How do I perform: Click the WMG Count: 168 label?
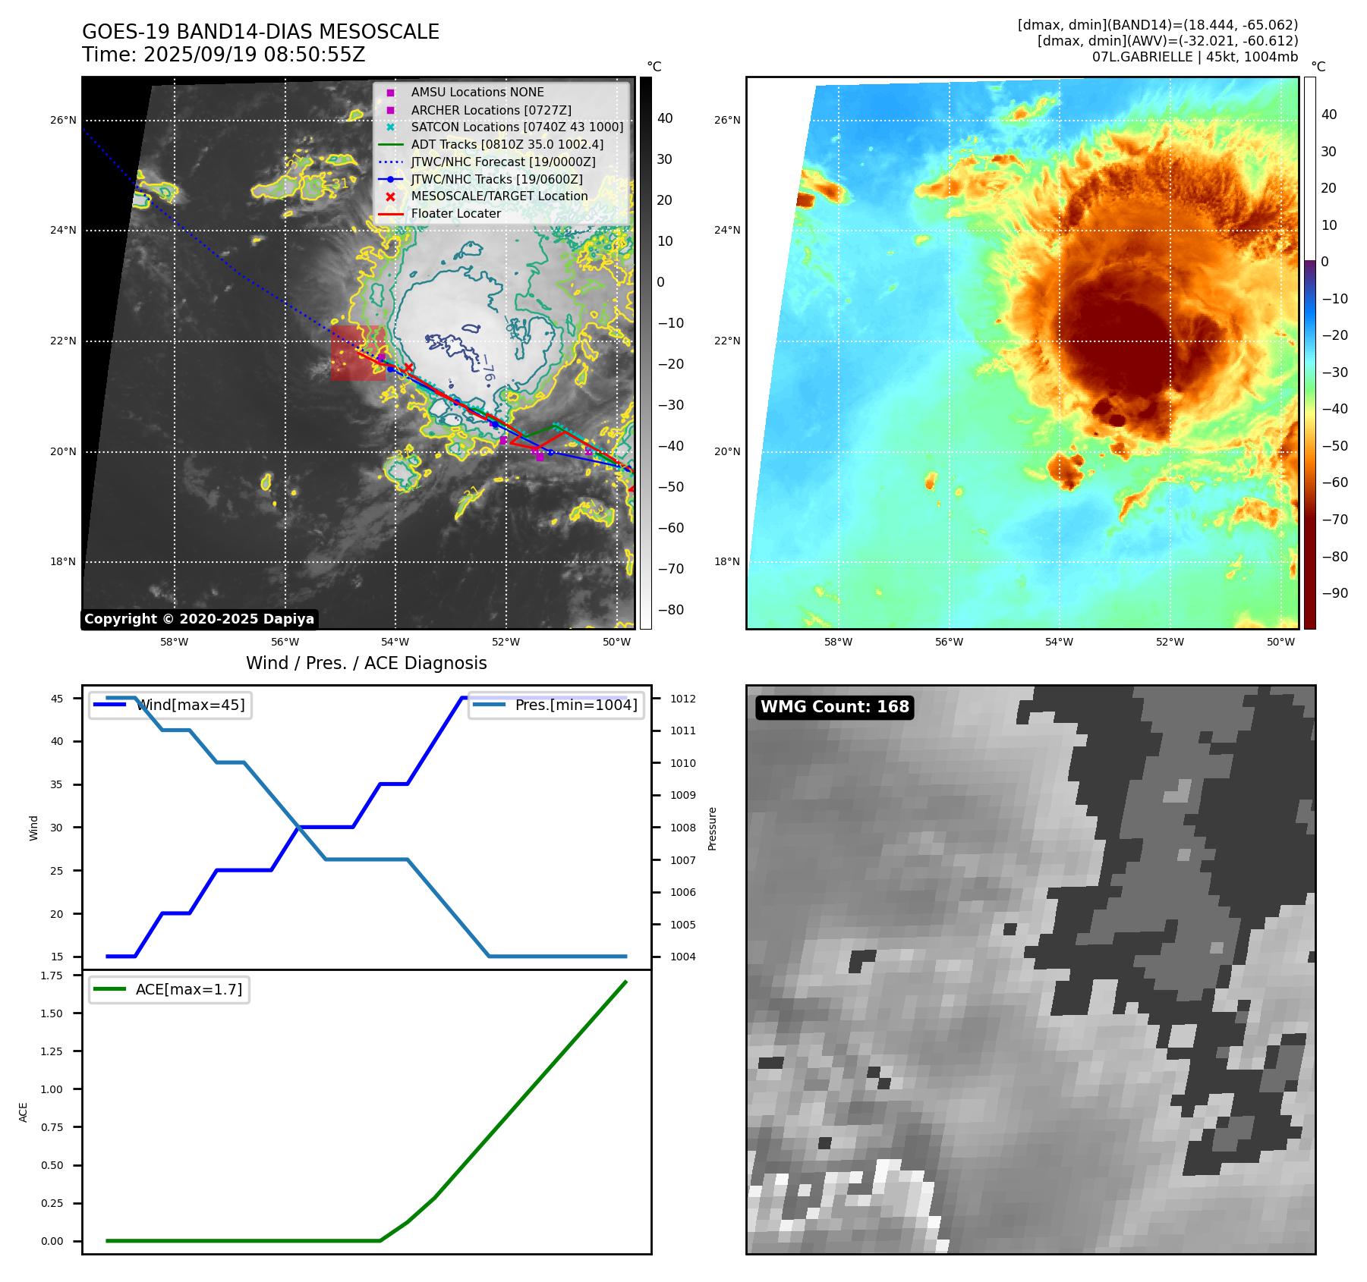tap(834, 707)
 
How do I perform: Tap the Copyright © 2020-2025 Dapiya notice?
tap(199, 619)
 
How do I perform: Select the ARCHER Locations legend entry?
tap(490, 110)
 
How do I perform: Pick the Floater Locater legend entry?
tap(455, 214)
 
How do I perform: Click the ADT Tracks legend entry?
tap(507, 144)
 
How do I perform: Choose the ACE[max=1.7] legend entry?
tap(188, 989)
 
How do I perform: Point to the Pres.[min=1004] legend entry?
tap(575, 705)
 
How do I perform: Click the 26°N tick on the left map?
tap(63, 120)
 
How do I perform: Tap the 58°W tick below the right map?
tap(838, 642)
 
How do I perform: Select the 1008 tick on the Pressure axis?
tap(682, 828)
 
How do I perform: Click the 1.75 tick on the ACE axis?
tap(52, 976)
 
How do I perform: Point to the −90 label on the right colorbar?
tap(1334, 593)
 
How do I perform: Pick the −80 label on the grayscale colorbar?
tap(670, 610)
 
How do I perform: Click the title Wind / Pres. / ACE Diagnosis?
tap(366, 663)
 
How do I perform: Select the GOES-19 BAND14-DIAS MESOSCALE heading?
tap(260, 32)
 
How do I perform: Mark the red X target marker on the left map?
tap(408, 368)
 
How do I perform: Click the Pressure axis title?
tap(712, 828)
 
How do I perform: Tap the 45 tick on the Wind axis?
tap(57, 699)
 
